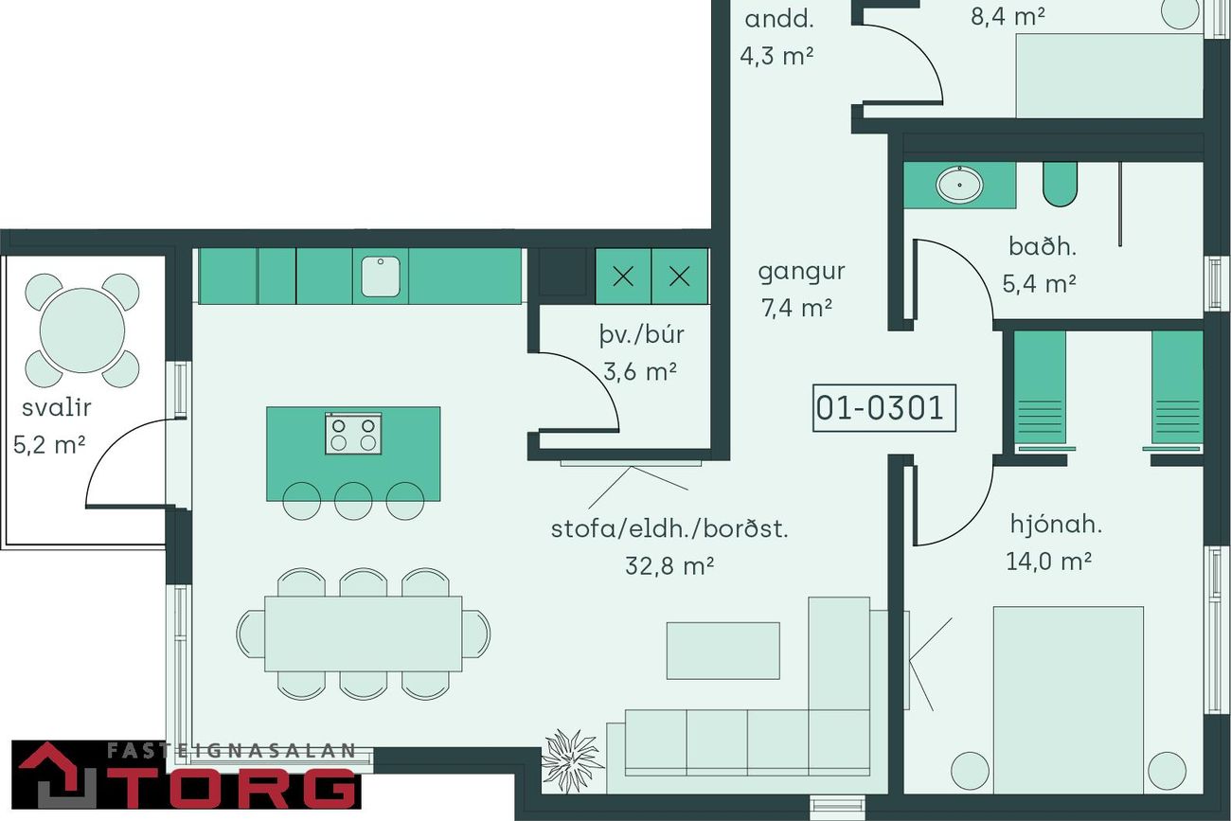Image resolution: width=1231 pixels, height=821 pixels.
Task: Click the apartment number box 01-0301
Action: click(x=884, y=408)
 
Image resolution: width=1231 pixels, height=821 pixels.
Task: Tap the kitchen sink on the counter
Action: click(x=381, y=277)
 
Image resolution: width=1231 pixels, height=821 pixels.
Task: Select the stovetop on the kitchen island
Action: click(x=353, y=434)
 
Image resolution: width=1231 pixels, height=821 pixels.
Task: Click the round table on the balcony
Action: click(x=82, y=330)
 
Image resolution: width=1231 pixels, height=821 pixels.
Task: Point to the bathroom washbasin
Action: click(x=959, y=185)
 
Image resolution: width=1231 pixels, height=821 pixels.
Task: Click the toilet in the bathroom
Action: click(x=1061, y=184)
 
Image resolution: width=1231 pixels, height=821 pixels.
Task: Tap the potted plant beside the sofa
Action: click(x=572, y=761)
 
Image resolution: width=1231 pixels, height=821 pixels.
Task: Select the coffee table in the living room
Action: click(x=723, y=651)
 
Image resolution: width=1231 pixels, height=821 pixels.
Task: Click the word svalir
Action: click(x=57, y=408)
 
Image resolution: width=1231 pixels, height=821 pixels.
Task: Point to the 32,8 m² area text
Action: click(x=669, y=565)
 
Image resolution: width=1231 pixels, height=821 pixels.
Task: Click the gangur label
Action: click(x=801, y=272)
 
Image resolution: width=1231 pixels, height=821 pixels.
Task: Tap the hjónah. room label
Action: click(x=1056, y=525)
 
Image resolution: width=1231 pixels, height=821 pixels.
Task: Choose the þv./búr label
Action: click(x=642, y=334)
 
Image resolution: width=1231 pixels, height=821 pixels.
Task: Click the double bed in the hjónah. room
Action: click(x=1068, y=700)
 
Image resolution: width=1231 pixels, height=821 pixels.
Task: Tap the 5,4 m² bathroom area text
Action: click(x=1039, y=284)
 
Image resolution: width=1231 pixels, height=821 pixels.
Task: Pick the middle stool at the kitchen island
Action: click(x=353, y=501)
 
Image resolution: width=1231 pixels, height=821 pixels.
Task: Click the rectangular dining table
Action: click(x=364, y=634)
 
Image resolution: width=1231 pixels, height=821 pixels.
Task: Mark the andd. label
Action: click(x=778, y=20)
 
